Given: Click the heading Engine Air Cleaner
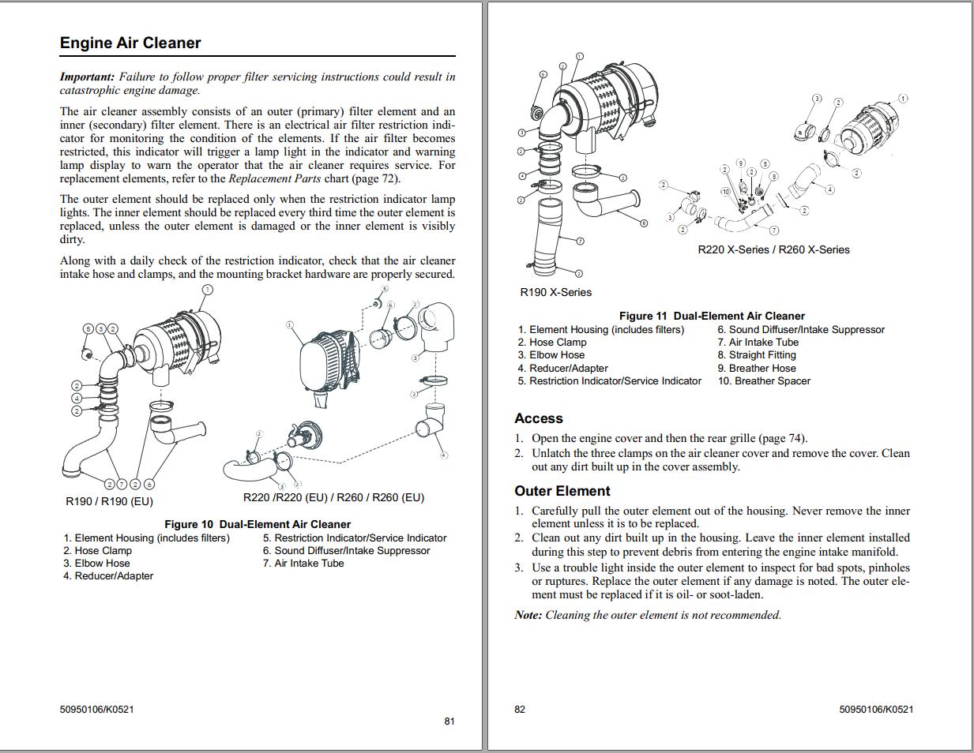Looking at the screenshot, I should pyautogui.click(x=130, y=43).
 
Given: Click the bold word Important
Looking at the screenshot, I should pyautogui.click(x=86, y=77).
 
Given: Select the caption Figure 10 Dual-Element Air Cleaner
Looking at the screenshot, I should pyautogui.click(x=257, y=524).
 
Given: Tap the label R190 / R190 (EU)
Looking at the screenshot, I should pyautogui.click(x=109, y=501).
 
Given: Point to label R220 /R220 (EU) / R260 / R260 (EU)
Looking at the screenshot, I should pyautogui.click(x=333, y=497).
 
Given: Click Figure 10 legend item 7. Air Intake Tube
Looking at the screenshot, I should pyautogui.click(x=303, y=564).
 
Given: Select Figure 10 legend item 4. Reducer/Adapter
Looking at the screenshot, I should pyautogui.click(x=108, y=576).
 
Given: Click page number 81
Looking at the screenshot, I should pyautogui.click(x=449, y=721).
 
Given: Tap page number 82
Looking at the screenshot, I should pyautogui.click(x=520, y=709).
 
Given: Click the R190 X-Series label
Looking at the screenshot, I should pyautogui.click(x=555, y=292).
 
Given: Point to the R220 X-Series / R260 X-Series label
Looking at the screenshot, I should pyautogui.click(x=773, y=249).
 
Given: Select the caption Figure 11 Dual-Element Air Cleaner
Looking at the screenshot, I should pyautogui.click(x=711, y=316).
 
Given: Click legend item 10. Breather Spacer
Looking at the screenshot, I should pyautogui.click(x=764, y=381).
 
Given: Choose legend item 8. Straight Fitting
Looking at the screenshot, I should pyautogui.click(x=757, y=355).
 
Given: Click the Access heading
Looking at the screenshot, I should pyautogui.click(x=539, y=418).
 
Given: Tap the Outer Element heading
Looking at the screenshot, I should pyautogui.click(x=562, y=491).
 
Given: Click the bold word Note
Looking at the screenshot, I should pyautogui.click(x=527, y=615).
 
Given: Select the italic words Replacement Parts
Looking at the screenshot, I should pyautogui.click(x=274, y=178).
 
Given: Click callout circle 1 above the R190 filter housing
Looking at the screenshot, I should pyautogui.click(x=207, y=290).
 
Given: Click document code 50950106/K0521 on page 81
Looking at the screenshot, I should pyautogui.click(x=96, y=709).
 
